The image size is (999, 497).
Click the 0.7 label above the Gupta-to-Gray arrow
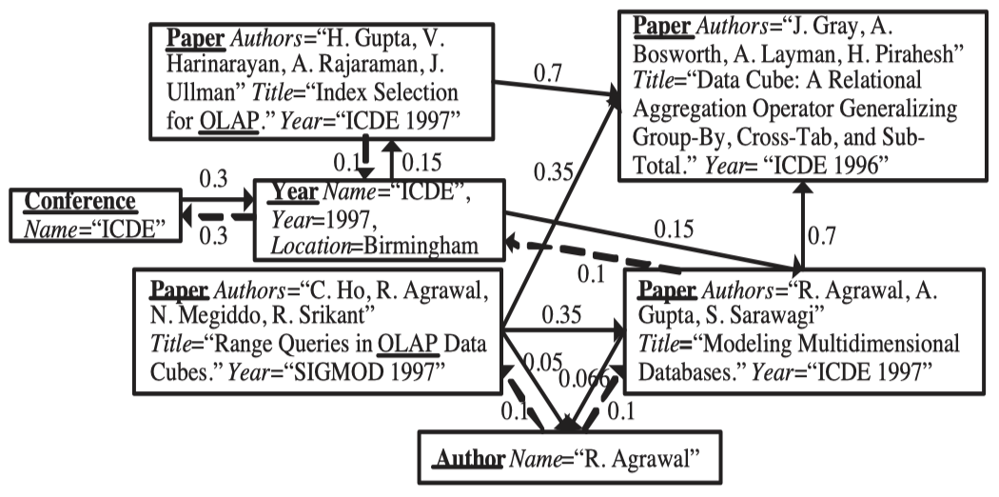point(546,72)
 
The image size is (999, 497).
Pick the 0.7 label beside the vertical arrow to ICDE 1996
point(825,232)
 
